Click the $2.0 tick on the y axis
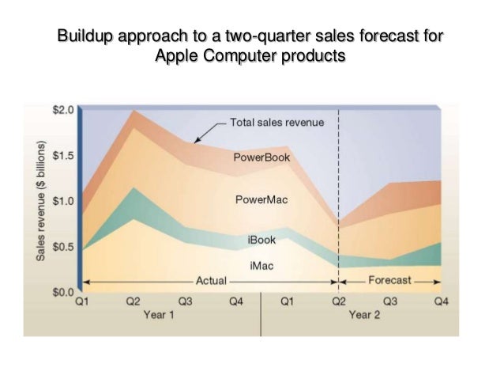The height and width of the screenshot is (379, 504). (62, 110)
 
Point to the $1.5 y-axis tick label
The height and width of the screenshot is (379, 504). (62, 155)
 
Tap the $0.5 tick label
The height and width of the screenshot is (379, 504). (62, 247)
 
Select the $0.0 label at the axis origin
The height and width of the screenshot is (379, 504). (62, 292)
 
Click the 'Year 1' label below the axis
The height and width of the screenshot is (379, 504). (159, 314)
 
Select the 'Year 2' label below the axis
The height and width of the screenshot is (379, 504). (365, 314)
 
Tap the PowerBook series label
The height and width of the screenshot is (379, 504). (261, 157)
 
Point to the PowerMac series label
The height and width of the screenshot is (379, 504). (261, 200)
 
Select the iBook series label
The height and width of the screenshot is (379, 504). (261, 240)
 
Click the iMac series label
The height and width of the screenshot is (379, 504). (261, 266)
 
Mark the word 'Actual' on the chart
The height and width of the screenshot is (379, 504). (211, 280)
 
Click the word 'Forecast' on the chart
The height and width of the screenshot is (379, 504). (389, 280)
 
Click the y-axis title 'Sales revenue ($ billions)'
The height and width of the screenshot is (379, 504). (39, 202)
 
